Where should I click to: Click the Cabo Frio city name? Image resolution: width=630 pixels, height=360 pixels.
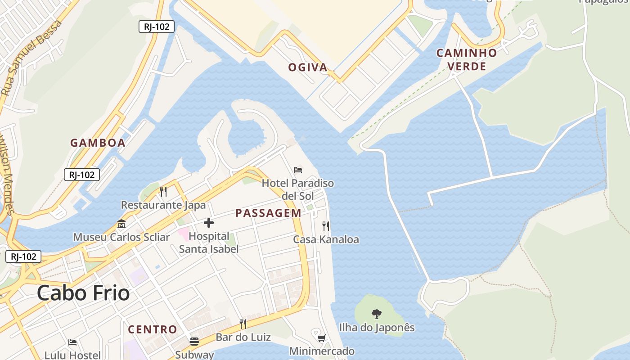coord(83,293)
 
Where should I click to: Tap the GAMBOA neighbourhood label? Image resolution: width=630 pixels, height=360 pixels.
coord(98,143)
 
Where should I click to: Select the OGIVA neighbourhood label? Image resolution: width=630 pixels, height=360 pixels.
coord(308,67)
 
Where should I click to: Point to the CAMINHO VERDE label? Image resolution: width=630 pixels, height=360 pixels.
coord(467,60)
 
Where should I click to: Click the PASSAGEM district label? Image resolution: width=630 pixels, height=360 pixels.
coord(268,213)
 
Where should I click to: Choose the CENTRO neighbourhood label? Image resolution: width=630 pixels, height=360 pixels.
coord(153,329)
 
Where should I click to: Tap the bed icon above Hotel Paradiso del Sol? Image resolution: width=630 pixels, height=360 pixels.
coord(298,170)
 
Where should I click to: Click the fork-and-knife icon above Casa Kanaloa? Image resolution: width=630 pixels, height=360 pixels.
coord(326,226)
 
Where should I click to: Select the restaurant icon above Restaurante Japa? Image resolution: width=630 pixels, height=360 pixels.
coord(163,192)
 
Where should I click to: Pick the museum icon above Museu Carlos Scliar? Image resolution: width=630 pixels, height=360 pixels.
coord(121,224)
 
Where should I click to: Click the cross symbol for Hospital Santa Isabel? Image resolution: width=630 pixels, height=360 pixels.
coord(208,222)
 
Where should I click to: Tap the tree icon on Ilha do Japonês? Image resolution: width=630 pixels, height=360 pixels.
coord(377,314)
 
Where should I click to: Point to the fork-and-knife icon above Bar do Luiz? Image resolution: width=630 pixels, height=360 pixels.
coord(243,324)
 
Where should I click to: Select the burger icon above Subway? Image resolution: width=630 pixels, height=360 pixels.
coord(194,341)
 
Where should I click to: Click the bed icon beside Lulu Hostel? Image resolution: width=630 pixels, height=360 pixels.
coord(72,342)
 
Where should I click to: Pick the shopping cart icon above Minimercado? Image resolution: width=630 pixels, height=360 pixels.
coord(322,338)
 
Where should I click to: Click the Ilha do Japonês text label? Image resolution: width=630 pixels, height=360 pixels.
coord(377,328)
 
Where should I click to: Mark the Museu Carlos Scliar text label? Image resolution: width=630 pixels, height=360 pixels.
coord(121,237)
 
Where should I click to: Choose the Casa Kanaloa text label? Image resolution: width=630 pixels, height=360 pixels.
coord(326,239)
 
